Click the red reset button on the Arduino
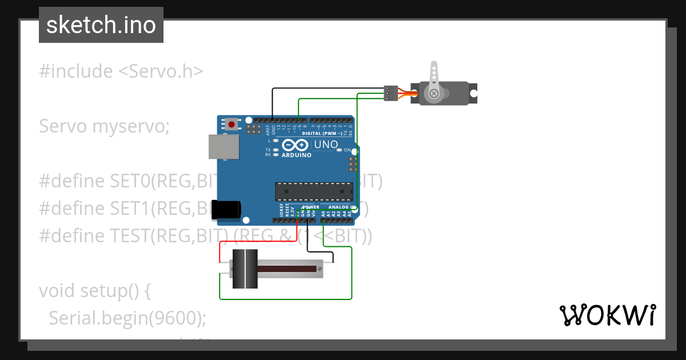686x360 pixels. pos(232,124)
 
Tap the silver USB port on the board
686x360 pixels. pos(224,146)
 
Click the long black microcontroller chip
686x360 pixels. pos(314,191)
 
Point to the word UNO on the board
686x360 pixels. pos(326,145)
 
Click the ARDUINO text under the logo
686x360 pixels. pos(296,155)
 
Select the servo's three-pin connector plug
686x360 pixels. pos(390,94)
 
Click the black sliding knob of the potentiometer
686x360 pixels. pos(244,269)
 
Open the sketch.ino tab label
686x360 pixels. pos(101,25)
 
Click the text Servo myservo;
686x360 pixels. pos(104,126)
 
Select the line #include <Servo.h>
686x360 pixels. pos(121,71)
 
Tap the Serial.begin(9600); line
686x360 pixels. pos(127,318)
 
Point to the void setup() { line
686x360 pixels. pos(94,291)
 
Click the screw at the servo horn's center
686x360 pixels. pos(434,93)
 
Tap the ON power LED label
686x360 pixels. pos(346,150)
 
